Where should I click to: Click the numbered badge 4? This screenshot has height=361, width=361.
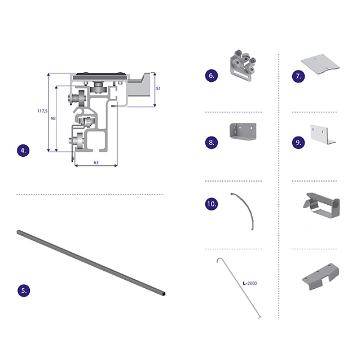(23, 151)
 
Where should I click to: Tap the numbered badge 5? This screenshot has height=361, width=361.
(24, 290)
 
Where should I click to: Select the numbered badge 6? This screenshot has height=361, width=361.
(212, 75)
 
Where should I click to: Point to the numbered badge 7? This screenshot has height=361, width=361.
(298, 76)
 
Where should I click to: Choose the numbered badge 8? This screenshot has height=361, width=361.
(212, 142)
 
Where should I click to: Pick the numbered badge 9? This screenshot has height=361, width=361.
(298, 142)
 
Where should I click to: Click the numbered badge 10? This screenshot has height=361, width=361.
(212, 204)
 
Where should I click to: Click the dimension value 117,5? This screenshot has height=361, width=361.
(42, 111)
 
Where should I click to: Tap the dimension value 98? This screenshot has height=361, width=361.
(53, 118)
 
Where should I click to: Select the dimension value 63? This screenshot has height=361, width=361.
(96, 162)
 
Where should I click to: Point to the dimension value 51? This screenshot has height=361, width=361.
(158, 89)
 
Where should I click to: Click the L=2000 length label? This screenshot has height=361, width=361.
(250, 283)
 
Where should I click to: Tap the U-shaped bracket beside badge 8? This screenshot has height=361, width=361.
(243, 131)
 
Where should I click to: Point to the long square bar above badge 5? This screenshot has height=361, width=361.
(91, 263)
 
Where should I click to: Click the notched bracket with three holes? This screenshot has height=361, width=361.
(320, 276)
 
